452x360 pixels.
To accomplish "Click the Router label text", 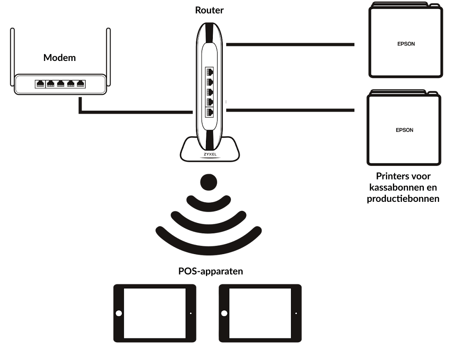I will [x=209, y=10].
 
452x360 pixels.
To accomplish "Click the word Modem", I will [x=60, y=57].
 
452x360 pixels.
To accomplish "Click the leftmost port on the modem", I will [x=40, y=84].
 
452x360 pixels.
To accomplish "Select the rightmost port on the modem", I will [x=80, y=84].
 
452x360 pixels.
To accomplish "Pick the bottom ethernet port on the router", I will [x=210, y=112].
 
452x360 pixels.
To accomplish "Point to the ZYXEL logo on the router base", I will [x=210, y=154].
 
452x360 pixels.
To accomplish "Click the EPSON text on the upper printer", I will [x=406, y=44].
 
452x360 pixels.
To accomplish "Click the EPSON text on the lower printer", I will [x=404, y=130].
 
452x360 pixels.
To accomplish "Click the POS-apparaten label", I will [x=210, y=271].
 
